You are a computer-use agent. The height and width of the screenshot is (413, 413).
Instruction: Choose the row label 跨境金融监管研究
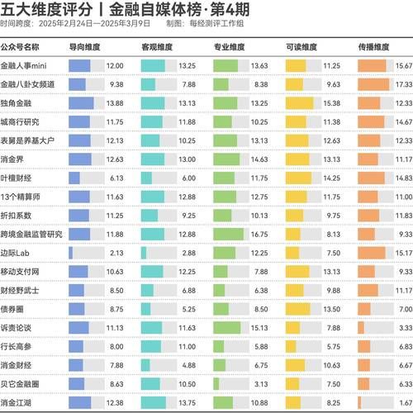(x=31, y=234)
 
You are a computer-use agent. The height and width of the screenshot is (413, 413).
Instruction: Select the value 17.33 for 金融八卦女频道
(x=402, y=84)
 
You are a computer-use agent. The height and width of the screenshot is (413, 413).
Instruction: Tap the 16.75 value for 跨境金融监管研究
(x=259, y=234)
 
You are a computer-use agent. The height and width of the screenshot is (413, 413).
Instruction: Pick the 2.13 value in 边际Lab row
(x=116, y=252)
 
